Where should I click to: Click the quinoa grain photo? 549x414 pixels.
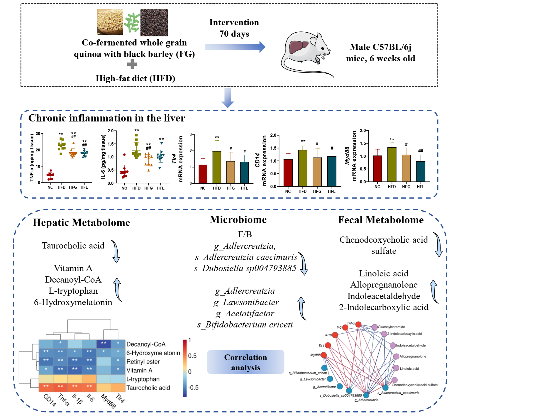click(110, 22)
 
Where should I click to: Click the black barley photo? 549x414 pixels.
click(154, 22)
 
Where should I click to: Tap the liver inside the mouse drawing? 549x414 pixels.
click(298, 47)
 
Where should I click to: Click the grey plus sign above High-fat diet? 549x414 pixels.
click(132, 64)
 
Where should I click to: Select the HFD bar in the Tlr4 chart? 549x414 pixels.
click(217, 167)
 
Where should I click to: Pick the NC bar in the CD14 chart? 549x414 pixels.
click(288, 173)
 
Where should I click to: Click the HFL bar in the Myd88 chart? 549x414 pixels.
click(421, 171)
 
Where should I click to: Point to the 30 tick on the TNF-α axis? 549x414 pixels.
click(38, 134)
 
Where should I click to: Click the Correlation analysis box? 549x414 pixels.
click(245, 362)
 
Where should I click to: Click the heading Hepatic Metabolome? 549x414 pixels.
click(81, 222)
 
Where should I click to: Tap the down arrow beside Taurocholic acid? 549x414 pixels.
click(116, 251)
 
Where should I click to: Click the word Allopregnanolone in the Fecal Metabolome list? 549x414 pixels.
click(384, 285)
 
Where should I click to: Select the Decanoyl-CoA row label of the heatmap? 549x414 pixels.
click(146, 344)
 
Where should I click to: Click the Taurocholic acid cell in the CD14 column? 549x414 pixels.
click(46, 387)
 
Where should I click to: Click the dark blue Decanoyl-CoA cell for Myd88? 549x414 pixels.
click(104, 344)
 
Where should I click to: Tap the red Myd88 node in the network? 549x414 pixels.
click(323, 355)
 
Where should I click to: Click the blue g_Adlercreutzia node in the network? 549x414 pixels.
click(366, 395)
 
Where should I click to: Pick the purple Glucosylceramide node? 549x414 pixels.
click(375, 327)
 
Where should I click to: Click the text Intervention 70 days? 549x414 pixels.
click(234, 28)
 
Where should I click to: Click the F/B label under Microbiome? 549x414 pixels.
click(245, 234)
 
